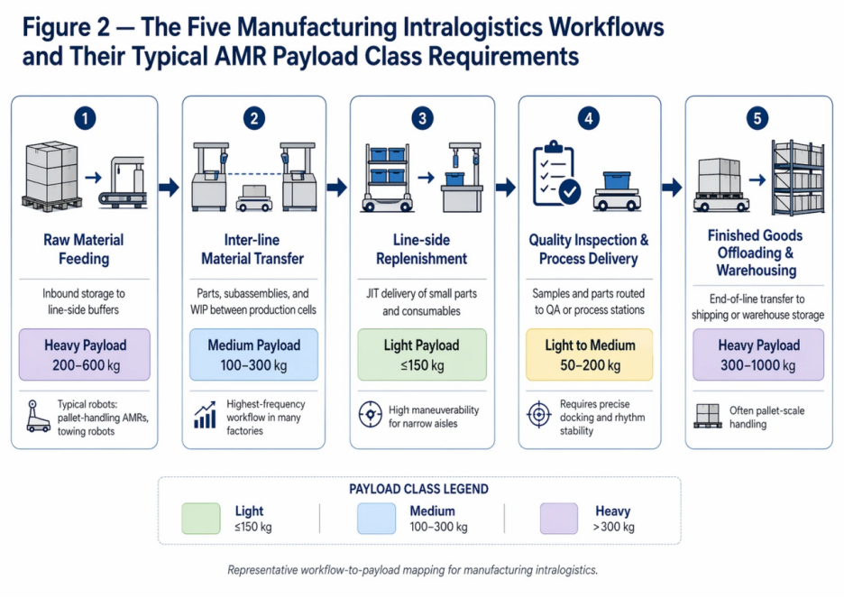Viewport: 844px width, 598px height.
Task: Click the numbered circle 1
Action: point(84,118)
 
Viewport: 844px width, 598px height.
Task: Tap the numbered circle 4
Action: point(589,118)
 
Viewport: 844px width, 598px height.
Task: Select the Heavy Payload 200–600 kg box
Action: point(85,354)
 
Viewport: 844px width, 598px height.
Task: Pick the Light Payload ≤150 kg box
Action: point(422,354)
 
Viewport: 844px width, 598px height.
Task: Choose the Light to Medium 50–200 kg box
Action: point(590,354)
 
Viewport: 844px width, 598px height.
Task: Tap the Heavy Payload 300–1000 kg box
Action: point(758,354)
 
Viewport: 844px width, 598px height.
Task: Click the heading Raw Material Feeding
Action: point(84,249)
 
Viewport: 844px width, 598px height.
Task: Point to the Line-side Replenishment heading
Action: point(422,249)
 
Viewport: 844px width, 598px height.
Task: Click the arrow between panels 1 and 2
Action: point(169,188)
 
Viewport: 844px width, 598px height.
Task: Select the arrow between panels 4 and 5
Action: point(672,188)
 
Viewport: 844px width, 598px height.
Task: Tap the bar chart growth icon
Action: point(206,416)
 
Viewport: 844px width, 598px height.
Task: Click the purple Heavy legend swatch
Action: point(558,519)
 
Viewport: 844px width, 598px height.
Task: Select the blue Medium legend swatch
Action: point(376,519)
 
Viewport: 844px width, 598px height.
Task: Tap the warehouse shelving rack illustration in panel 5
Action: point(796,176)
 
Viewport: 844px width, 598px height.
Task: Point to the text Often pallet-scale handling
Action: point(766,417)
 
